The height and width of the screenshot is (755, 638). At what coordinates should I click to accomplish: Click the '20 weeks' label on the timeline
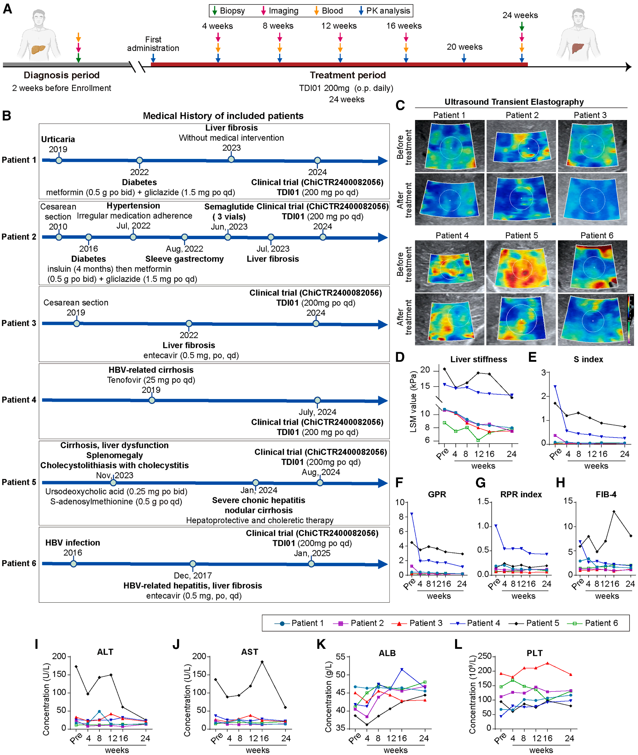(x=464, y=47)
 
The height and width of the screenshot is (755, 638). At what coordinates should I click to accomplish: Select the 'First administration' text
(x=153, y=44)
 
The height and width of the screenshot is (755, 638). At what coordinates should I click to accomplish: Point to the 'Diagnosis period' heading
(x=61, y=75)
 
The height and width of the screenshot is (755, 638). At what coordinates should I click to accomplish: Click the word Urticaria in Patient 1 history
(x=58, y=139)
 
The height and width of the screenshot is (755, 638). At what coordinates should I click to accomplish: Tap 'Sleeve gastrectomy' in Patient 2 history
(x=184, y=259)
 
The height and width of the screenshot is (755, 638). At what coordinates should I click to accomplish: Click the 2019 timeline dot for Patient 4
(x=152, y=400)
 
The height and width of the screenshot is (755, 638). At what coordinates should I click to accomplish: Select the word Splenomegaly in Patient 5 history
(x=115, y=455)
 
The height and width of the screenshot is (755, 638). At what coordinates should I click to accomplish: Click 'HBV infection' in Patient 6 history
(x=72, y=543)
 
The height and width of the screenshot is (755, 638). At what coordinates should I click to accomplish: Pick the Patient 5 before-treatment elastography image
(x=521, y=266)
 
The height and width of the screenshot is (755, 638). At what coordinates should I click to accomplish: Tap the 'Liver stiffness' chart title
(x=478, y=359)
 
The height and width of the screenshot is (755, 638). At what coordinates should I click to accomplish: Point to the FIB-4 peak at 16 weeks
(x=614, y=512)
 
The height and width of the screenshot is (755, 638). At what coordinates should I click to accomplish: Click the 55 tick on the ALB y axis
(x=340, y=657)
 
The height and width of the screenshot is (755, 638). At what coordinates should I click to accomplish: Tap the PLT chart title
(x=534, y=653)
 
